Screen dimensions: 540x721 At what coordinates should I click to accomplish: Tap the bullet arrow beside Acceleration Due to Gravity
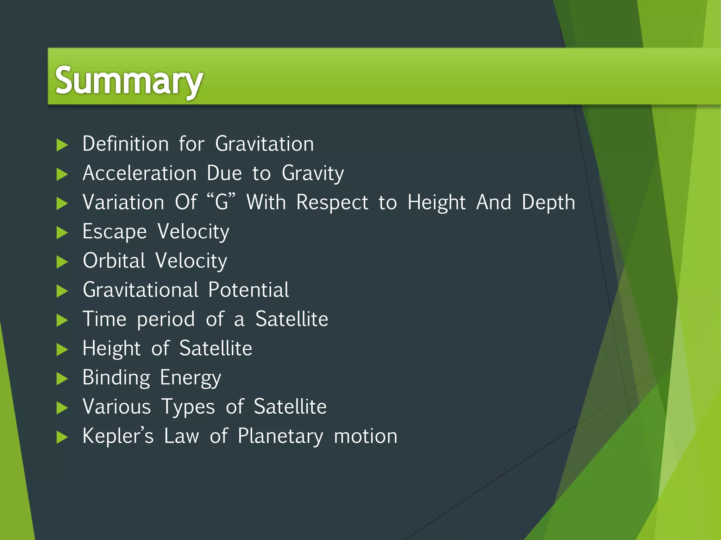(62, 174)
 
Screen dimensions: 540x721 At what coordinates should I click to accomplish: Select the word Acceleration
(139, 173)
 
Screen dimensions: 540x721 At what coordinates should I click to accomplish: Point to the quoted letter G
(221, 202)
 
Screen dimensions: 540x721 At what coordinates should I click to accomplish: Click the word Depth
(548, 203)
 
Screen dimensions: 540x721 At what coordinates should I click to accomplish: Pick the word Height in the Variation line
(436, 203)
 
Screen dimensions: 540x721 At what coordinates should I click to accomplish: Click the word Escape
(114, 232)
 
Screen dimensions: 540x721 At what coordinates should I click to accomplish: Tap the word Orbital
(114, 261)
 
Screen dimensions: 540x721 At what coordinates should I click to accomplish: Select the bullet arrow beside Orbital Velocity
(62, 262)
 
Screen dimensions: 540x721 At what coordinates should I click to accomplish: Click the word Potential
(248, 290)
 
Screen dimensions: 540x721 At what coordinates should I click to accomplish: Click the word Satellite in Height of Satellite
(215, 348)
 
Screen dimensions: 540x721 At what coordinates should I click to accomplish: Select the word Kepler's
(118, 436)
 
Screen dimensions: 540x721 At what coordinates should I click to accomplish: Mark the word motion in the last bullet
(365, 436)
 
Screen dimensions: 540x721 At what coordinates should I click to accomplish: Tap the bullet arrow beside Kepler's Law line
(62, 437)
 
